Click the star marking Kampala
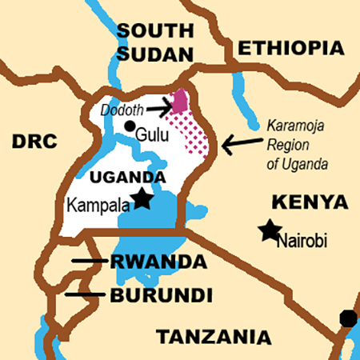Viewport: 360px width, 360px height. (x=142, y=198)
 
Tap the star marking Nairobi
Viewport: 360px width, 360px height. (x=270, y=230)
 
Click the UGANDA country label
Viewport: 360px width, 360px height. (x=128, y=177)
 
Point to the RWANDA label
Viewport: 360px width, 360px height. (x=158, y=262)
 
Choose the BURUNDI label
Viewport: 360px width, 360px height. (x=162, y=295)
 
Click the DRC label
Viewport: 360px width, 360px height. (x=36, y=142)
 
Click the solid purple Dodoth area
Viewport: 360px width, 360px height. (x=182, y=102)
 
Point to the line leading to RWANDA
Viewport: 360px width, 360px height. (x=87, y=261)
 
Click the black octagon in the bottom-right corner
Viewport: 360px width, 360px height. (x=348, y=318)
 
